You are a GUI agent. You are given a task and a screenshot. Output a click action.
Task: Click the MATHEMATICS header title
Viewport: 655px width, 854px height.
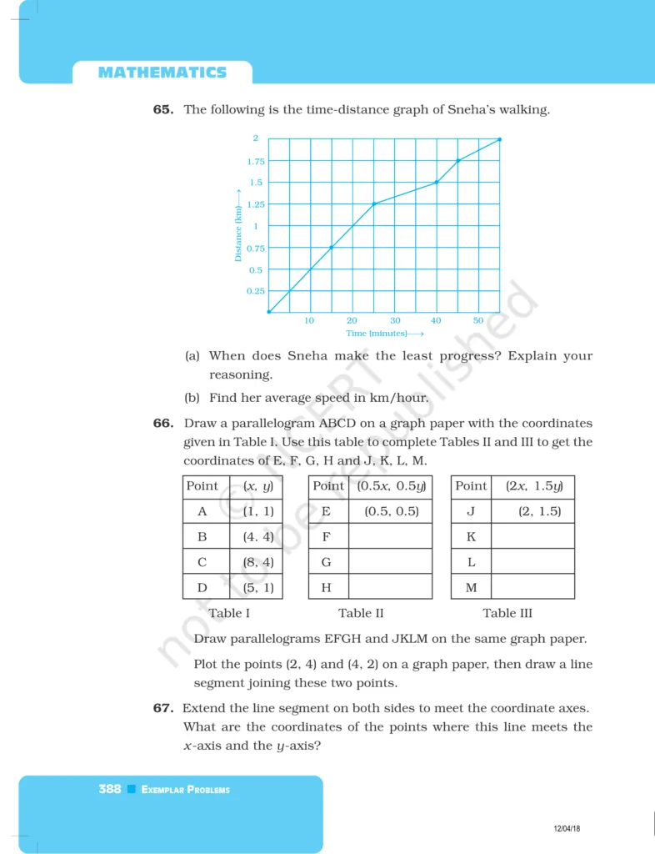[x=162, y=73]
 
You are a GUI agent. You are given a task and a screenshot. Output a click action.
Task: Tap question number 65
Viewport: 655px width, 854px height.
[x=162, y=109]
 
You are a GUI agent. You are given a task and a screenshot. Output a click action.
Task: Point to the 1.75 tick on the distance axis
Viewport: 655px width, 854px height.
[x=256, y=161]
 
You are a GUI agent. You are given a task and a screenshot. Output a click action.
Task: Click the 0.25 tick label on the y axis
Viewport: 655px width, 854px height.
[x=256, y=291]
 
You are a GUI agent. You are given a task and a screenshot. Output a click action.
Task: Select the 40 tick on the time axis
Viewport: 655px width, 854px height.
[x=436, y=321]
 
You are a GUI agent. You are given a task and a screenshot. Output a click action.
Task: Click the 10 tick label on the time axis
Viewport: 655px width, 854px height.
[x=309, y=321]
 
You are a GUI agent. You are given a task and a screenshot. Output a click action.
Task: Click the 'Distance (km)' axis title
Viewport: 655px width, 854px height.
[x=238, y=234]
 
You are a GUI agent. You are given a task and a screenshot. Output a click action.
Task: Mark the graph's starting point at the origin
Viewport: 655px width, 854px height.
[x=268, y=312]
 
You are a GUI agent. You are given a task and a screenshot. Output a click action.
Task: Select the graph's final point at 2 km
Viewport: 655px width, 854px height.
[x=499, y=139]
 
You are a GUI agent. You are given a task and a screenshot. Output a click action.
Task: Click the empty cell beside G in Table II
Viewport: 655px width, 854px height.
[x=390, y=561]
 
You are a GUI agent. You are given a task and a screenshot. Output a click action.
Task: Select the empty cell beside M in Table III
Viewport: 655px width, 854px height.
[x=532, y=587]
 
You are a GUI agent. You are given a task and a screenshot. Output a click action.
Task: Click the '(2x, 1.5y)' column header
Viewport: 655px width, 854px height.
[x=533, y=486]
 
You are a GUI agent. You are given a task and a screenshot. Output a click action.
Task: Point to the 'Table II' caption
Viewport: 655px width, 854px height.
[x=361, y=613]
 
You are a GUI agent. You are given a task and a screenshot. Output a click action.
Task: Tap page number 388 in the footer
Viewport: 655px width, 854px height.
[x=110, y=789]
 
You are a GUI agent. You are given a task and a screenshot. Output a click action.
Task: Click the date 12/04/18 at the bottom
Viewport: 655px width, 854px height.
[x=567, y=828]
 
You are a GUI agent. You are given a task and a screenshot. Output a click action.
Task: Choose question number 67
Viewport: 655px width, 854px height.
[x=162, y=708]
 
